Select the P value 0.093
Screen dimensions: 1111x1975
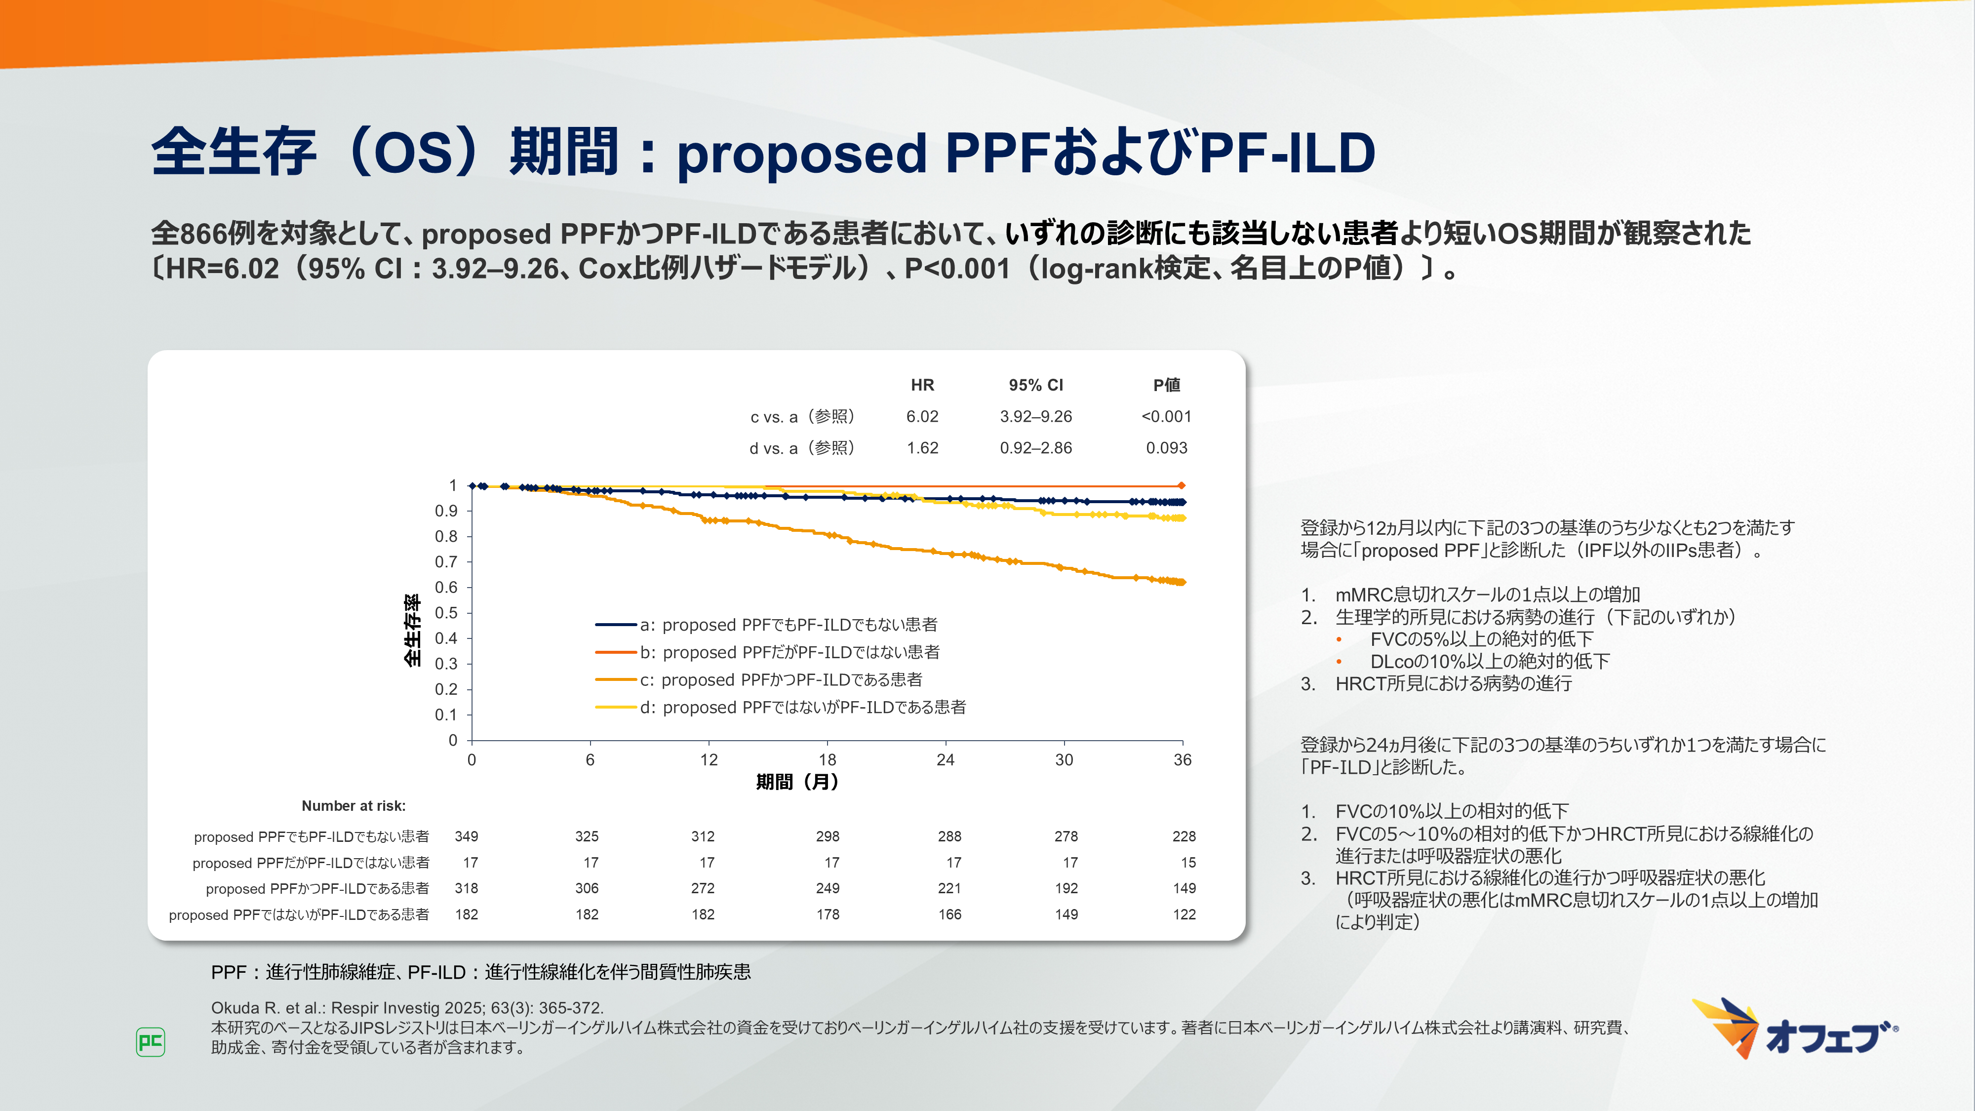(x=1166, y=448)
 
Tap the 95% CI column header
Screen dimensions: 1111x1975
(x=1036, y=385)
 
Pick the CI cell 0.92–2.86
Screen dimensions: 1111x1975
(x=1036, y=448)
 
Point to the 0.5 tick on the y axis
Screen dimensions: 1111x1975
(x=446, y=613)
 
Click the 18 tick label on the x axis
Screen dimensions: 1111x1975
(x=827, y=760)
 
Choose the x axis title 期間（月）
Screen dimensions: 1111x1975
(x=797, y=782)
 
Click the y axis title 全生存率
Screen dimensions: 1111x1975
(x=412, y=630)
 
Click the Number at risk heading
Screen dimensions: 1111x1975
(x=354, y=806)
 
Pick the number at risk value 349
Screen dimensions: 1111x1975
(x=466, y=836)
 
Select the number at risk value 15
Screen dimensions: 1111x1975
(x=1187, y=863)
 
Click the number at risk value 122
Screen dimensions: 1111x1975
(x=1184, y=914)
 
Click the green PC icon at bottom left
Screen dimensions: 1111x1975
(x=150, y=1042)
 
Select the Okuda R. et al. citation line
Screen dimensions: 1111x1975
(x=407, y=1007)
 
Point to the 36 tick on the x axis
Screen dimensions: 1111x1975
(x=1182, y=760)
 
